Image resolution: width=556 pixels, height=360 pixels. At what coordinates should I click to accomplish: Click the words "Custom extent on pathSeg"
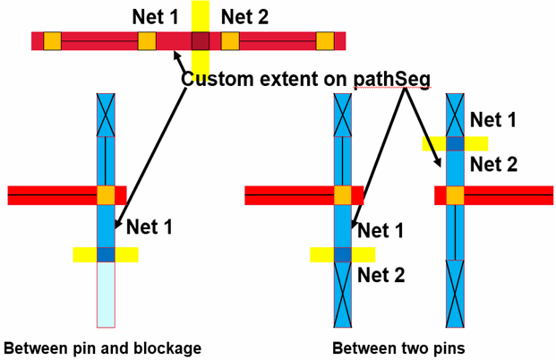(305, 79)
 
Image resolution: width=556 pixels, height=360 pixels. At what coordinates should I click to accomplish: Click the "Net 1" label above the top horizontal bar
(155, 15)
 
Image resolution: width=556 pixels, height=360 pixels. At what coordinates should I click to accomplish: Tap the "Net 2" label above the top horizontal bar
(244, 15)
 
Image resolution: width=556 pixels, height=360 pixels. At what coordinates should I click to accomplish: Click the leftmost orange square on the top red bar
(52, 41)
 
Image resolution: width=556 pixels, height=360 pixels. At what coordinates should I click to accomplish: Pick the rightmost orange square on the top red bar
(325, 41)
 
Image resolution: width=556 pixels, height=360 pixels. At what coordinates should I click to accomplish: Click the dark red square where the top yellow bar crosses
(200, 41)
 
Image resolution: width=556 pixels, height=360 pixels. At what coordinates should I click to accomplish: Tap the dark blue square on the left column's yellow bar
(106, 254)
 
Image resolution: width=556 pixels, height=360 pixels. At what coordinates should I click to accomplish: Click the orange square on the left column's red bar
(106, 195)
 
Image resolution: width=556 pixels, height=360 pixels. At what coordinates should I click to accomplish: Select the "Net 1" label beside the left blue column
(150, 227)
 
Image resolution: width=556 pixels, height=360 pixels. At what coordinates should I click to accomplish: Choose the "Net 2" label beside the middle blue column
(381, 275)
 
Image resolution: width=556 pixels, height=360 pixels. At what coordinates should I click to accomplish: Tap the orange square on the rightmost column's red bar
(455, 195)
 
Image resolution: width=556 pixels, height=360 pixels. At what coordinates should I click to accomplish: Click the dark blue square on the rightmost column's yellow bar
(455, 143)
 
